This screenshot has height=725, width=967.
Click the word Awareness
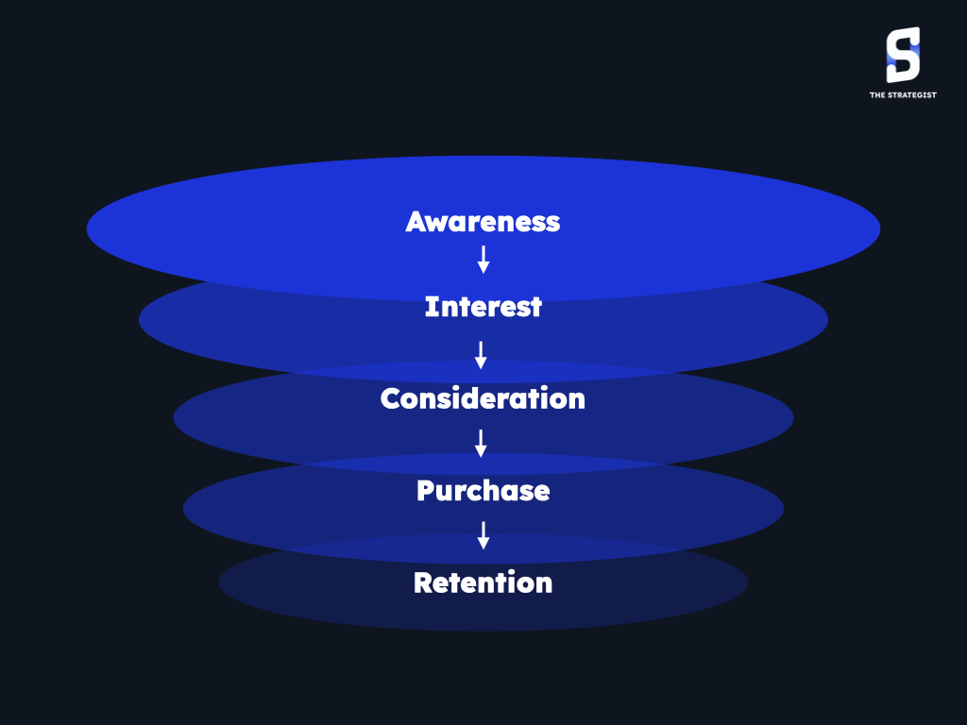pos(483,222)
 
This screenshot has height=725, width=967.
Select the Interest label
pos(483,307)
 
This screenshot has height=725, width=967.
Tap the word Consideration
pos(483,398)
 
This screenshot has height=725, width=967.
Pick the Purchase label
pos(483,491)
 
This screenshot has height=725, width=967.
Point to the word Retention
pos(483,582)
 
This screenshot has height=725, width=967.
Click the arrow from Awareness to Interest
pos(483,260)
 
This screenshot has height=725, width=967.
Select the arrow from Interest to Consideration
pos(481,355)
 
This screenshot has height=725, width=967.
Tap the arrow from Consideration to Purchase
pos(481,444)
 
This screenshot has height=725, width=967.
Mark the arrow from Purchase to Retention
pos(483,535)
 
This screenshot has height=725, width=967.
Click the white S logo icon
pos(903,55)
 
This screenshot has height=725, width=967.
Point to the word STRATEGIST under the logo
pos(911,95)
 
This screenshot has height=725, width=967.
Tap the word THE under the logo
pos(877,95)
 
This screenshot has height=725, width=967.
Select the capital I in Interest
pos(431,307)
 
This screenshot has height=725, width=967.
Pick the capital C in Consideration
pos(391,398)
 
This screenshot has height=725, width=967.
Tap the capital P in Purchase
pos(426,491)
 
